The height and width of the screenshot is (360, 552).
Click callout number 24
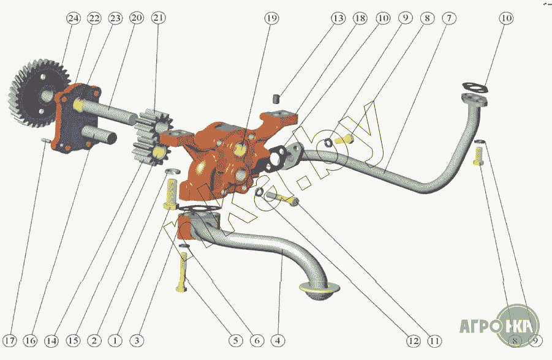point(74,19)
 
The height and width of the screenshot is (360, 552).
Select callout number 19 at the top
point(271,19)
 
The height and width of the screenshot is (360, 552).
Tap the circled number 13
point(338,19)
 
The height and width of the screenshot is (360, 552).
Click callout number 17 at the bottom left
point(10,340)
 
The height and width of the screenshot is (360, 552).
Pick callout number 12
point(412,340)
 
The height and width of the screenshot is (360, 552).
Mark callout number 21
point(159,19)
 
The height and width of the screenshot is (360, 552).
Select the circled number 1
point(114,340)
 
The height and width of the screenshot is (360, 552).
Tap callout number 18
point(360,19)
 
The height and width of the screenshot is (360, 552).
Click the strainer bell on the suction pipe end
point(320,293)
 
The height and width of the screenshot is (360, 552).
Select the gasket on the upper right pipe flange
point(475,89)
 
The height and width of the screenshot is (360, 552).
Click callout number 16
point(31,340)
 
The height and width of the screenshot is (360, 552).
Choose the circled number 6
point(256,340)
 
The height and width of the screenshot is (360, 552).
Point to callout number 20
point(136,19)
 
